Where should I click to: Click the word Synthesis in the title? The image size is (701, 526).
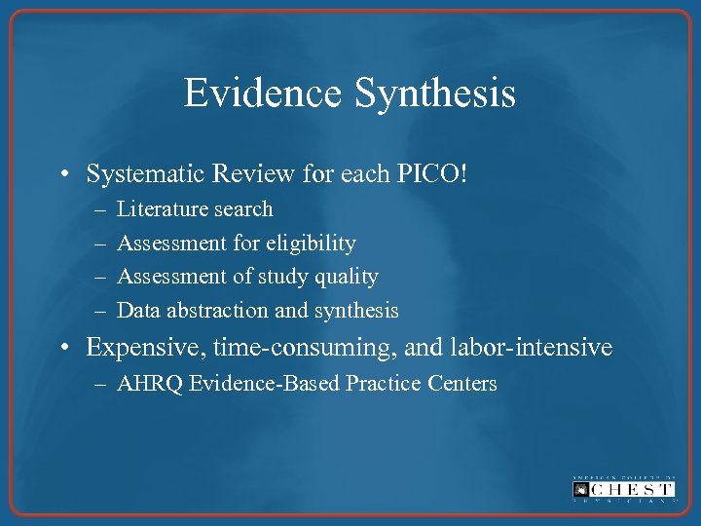click(435, 94)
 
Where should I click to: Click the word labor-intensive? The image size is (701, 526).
click(533, 347)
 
